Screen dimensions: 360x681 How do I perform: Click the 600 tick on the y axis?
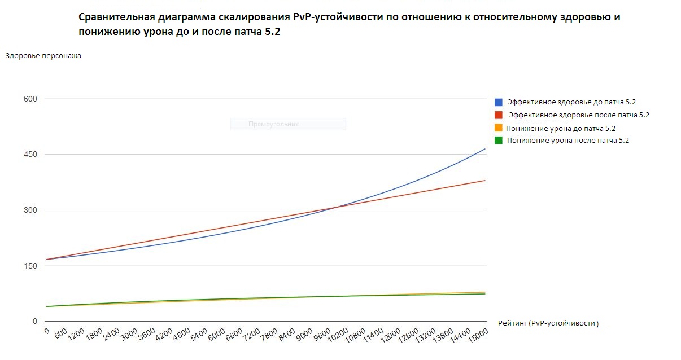30,99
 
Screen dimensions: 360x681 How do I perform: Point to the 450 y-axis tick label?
30,155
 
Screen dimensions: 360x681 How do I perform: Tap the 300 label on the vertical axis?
30,210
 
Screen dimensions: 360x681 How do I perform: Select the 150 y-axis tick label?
30,266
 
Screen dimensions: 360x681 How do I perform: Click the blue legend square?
499,102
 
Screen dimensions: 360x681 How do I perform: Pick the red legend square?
499,115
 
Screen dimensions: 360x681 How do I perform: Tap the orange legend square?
499,128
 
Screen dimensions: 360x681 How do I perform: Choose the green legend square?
499,141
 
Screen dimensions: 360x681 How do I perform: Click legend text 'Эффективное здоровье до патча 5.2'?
571,102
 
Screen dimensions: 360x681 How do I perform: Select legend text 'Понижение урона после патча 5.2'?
567,141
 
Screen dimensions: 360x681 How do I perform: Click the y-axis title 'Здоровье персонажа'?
43,55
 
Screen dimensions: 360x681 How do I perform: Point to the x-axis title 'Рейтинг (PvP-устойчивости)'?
548,323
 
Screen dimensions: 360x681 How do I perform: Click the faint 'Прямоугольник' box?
288,124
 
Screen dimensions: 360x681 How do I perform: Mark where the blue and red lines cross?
335,207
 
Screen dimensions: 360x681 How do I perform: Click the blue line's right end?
485,149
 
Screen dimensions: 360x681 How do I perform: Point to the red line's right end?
485,181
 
